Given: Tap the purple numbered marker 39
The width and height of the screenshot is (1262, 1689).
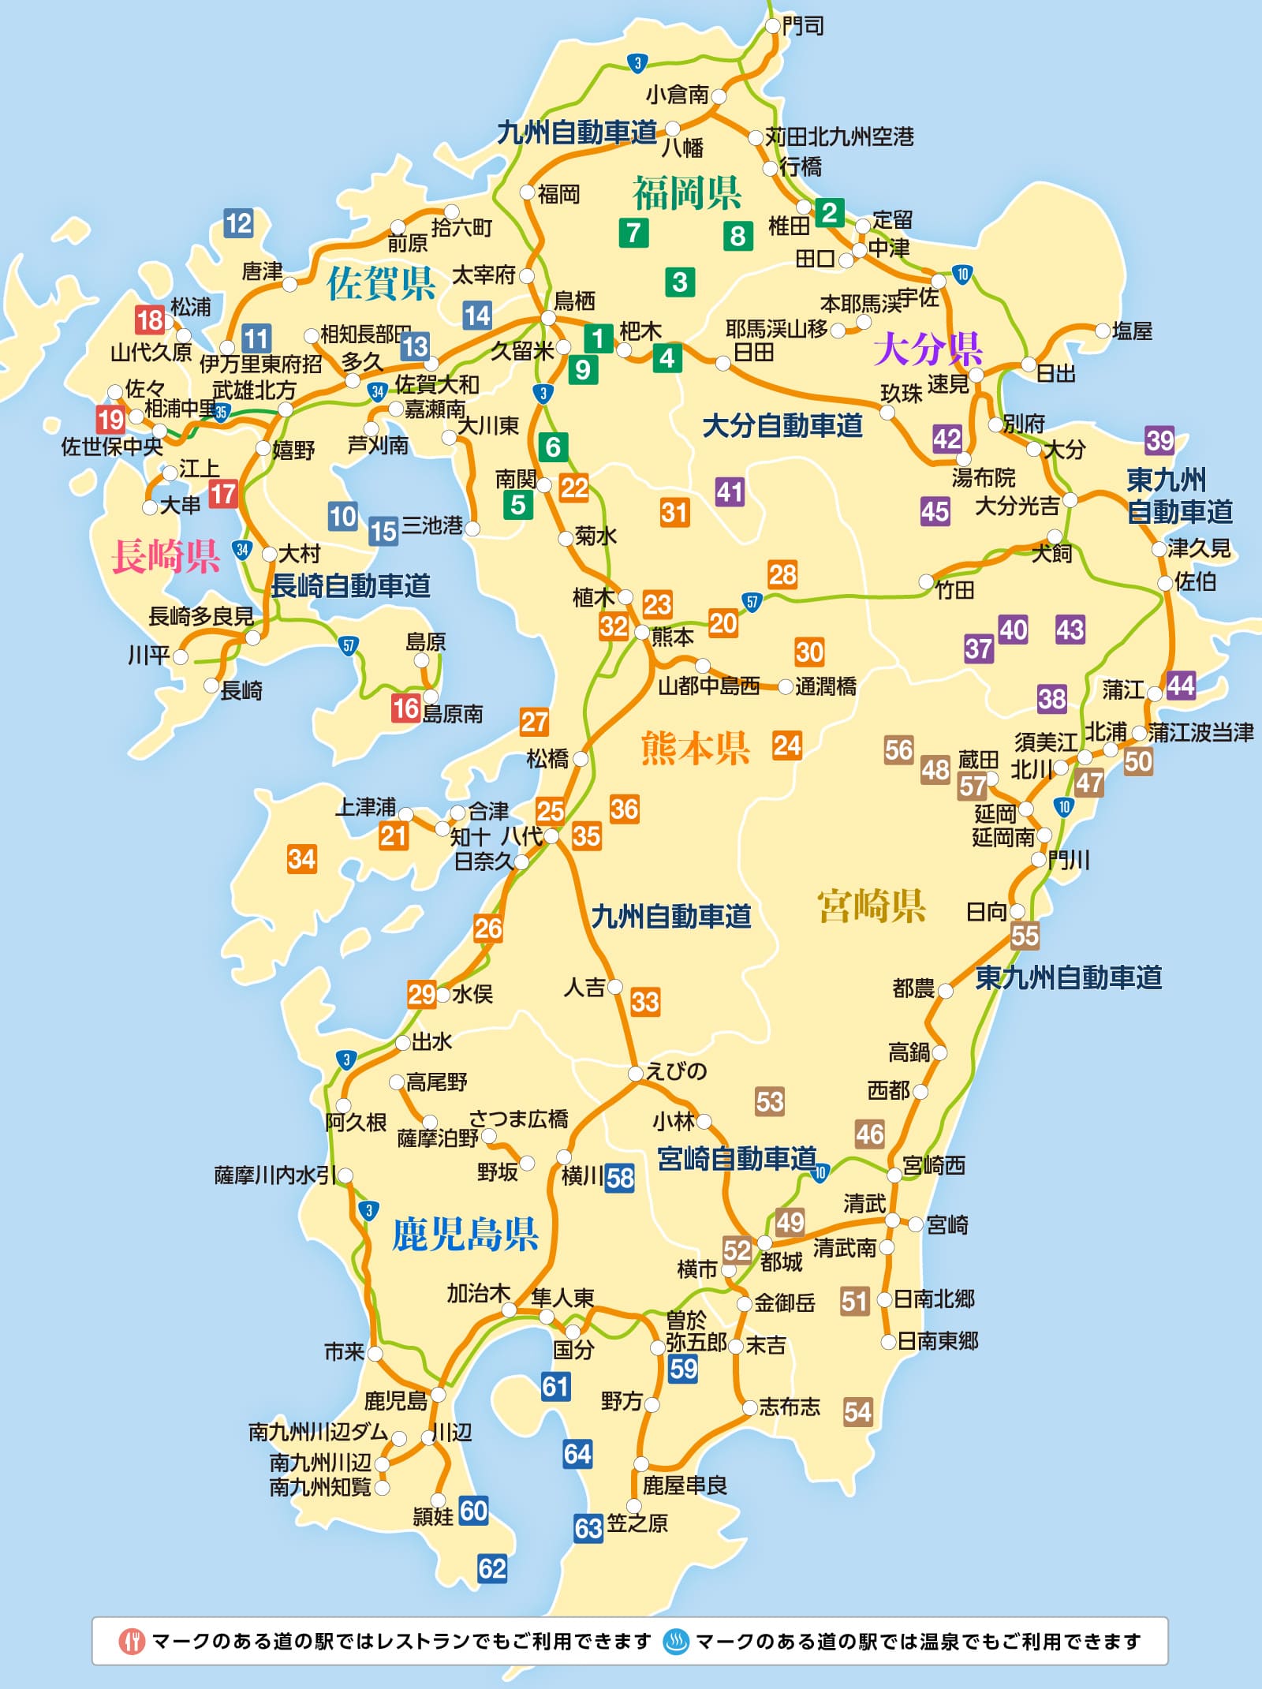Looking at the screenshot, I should click(1159, 440).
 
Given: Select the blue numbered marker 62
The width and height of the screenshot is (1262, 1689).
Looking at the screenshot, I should click(492, 1568).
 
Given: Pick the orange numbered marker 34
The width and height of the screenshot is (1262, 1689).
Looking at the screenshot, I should click(301, 858).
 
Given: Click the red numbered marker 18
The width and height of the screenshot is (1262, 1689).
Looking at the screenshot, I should click(149, 319).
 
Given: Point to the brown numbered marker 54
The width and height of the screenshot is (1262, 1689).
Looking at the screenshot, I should click(857, 1411).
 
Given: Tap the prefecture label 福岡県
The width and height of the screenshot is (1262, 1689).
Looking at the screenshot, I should click(686, 192).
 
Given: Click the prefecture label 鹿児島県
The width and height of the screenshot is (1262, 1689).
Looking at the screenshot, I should click(465, 1234).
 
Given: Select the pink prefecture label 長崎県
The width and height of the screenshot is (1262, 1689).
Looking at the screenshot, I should click(166, 556).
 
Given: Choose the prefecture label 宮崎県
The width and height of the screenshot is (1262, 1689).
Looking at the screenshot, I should click(871, 906).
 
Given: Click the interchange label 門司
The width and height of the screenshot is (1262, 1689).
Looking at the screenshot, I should click(803, 26).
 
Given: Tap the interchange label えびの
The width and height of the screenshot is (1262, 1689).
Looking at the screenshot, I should click(676, 1071).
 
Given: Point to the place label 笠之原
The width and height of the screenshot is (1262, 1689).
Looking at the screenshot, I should click(637, 1523).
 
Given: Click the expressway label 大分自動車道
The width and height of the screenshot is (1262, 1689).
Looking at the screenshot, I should click(782, 426).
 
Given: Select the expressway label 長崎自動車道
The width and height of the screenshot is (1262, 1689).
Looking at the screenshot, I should click(351, 586).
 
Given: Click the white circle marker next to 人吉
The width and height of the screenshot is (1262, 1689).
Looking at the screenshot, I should click(615, 987).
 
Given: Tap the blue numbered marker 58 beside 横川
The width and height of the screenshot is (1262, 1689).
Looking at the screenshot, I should click(620, 1178).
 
